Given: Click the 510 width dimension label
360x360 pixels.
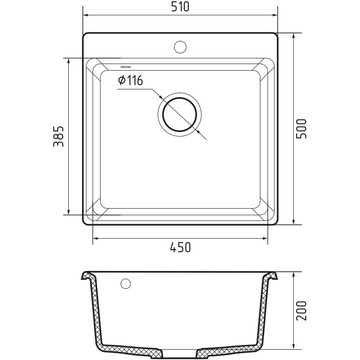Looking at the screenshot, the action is [x=180, y=7].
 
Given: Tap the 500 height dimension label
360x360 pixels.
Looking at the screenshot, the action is [x=301, y=129].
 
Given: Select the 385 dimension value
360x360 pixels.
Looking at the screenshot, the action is [x=58, y=136].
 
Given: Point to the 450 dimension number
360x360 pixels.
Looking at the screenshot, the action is [x=180, y=247].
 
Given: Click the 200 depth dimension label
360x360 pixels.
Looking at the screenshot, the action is [x=302, y=310].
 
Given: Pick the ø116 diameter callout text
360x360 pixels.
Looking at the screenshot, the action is [x=130, y=80].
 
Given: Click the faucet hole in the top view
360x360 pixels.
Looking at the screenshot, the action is [x=180, y=47].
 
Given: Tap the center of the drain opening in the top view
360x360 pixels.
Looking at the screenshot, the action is [x=180, y=115].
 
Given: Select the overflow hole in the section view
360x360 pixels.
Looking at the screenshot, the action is [x=126, y=284].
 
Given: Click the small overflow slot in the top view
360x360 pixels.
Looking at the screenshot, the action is [x=126, y=67].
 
